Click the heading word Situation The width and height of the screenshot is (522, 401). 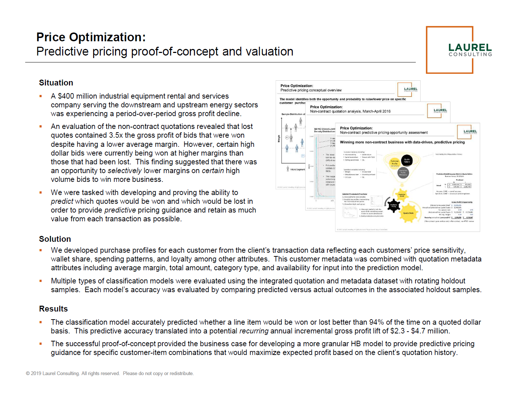pyautogui.click(x=56, y=83)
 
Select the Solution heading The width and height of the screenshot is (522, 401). pyautogui.click(x=55, y=239)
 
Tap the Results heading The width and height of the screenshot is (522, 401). pyautogui.click(x=53, y=309)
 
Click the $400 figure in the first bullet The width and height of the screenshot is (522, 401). pyautogui.click(x=66, y=96)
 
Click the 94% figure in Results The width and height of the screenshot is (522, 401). pyautogui.click(x=376, y=322)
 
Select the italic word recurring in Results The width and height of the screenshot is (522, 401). pyautogui.click(x=254, y=331)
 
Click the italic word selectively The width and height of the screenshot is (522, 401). pyautogui.click(x=124, y=171)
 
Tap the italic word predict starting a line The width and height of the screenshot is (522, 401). pyautogui.click(x=62, y=202)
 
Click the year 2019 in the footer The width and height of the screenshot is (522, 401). pyautogui.click(x=37, y=374)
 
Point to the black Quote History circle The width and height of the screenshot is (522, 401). pyautogui.click(x=407, y=160)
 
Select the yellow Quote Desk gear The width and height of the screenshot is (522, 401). pyautogui.click(x=408, y=213)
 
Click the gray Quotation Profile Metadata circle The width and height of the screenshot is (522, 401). pyautogui.click(x=403, y=172)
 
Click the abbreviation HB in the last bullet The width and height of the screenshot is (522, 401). pyautogui.click(x=356, y=344)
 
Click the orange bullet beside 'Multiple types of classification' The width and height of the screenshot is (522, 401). pyautogui.click(x=41, y=281)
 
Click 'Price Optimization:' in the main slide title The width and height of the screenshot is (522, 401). pyautogui.click(x=91, y=37)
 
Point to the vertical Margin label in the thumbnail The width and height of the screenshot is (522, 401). pyautogui.click(x=279, y=138)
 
